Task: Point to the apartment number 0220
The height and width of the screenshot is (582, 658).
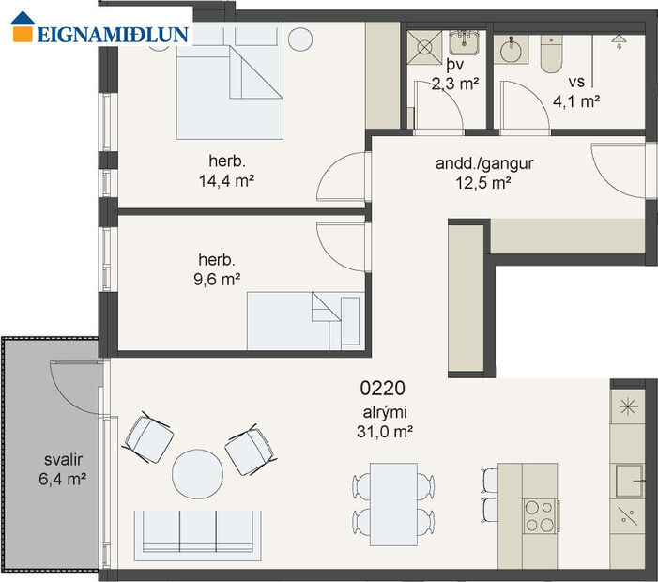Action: tap(383, 387)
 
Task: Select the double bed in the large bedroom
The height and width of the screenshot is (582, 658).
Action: tap(229, 89)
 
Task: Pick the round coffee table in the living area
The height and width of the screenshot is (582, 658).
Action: tap(198, 474)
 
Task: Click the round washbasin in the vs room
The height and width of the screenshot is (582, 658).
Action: tap(513, 50)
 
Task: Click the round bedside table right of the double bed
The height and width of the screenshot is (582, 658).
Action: tap(300, 39)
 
